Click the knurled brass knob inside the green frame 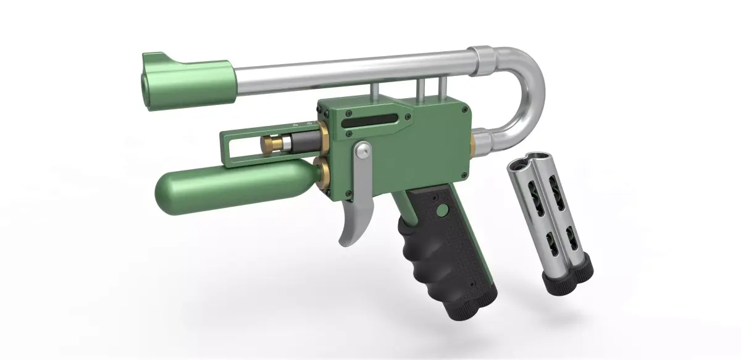[x=270, y=143]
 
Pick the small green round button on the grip [x=440, y=211]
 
